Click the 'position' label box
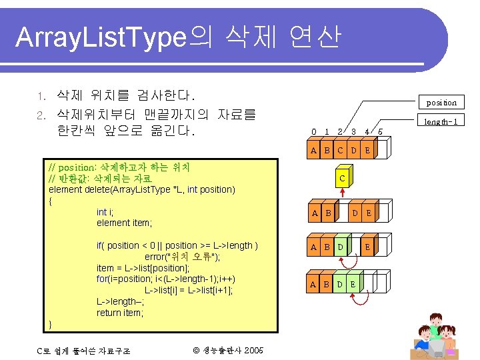click(441, 102)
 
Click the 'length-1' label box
click(441, 121)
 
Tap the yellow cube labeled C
click(341, 178)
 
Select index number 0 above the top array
click(314, 131)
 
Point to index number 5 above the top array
click(380, 131)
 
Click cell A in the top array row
click(314, 150)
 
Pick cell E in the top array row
click(367, 150)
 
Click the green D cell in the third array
click(341, 247)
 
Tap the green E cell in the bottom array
click(353, 284)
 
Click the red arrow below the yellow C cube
click(341, 194)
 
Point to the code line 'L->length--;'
click(120, 301)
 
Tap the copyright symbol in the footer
click(195, 351)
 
